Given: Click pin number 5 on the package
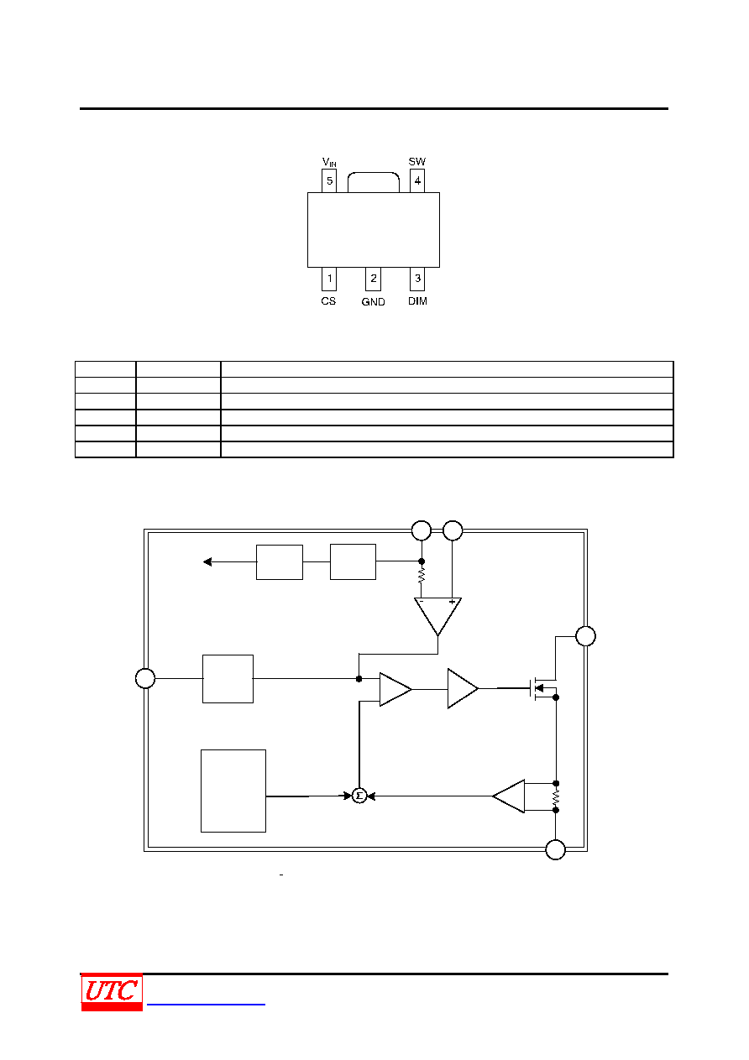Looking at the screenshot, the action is point(329,180).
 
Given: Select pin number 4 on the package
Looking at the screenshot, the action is point(417,180).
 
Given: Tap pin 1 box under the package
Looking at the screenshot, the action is point(329,279).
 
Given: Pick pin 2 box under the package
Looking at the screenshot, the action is point(373,279).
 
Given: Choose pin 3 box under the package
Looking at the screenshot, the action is point(417,279).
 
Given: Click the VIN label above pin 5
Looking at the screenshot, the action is point(329,162).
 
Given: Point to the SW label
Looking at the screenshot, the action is point(417,161).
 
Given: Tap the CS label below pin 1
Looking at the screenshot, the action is point(328,301).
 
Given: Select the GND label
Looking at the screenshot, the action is point(373,301).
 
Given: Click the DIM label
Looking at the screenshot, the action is point(417,301).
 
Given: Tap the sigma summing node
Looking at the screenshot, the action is point(359,796).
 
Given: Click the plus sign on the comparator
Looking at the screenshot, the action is point(452,602).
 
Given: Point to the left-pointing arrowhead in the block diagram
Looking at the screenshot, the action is point(207,561).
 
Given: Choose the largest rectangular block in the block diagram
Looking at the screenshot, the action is point(233,791).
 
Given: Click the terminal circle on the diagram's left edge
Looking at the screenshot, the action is point(145,678).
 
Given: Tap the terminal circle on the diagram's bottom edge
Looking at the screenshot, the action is point(555,849).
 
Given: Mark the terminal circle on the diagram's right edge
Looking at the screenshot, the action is point(585,636).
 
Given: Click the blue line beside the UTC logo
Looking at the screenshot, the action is point(206,1004).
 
